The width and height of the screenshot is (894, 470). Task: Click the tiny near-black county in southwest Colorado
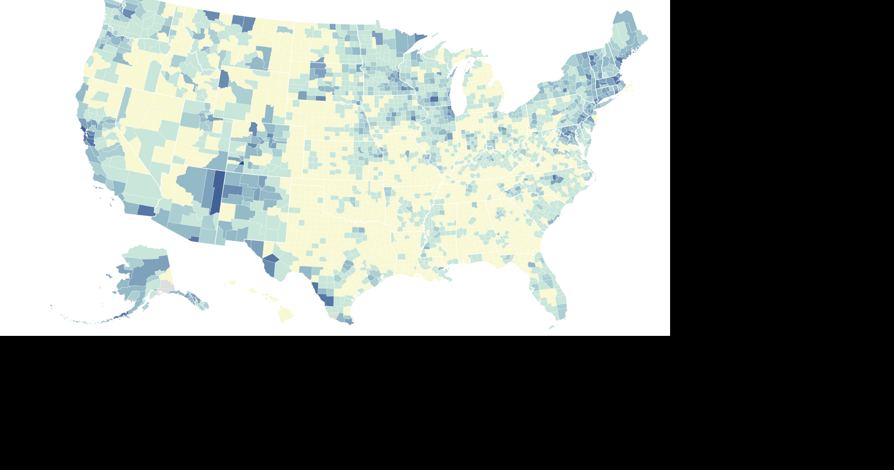coord(241,163)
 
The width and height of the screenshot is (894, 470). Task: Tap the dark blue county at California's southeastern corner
coord(146,211)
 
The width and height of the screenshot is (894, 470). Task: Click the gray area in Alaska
coord(166,287)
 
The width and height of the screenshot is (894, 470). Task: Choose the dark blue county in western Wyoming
coord(224,79)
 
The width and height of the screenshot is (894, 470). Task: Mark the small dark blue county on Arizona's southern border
coord(194,239)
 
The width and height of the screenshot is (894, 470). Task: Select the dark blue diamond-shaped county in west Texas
coord(271,259)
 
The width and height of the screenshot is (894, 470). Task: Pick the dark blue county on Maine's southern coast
coord(619,60)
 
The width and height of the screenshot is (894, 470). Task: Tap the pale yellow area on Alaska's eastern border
coord(168,275)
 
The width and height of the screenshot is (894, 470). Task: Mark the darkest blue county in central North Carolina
coord(556,179)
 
